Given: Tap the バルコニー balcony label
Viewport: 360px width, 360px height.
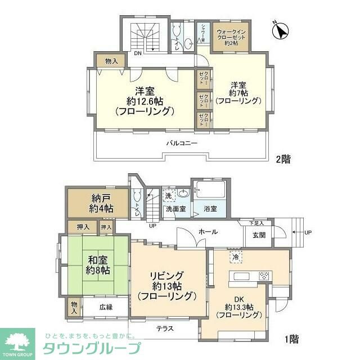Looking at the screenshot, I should [181, 143].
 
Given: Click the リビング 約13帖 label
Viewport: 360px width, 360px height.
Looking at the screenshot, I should [166, 285].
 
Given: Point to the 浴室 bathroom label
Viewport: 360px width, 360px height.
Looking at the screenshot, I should [210, 209].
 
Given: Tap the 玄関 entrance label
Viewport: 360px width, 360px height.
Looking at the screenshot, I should [259, 236].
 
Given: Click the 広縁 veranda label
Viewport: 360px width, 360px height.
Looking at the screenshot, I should [106, 307].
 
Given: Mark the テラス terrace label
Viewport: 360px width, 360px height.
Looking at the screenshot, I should [165, 328].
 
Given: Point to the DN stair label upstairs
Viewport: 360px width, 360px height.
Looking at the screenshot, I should [137, 54].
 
